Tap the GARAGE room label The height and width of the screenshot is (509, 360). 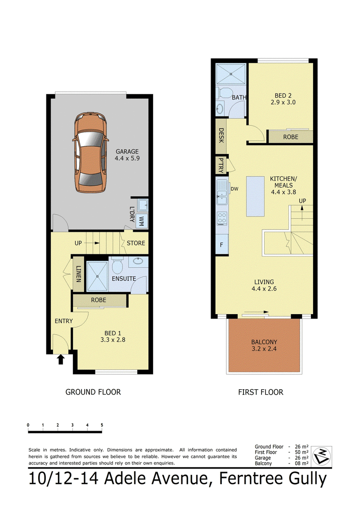click(x=127, y=152)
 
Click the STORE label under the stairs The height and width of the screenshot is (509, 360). click(x=136, y=243)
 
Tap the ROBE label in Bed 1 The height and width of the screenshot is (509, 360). click(x=99, y=300)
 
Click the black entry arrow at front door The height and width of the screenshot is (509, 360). click(x=61, y=359)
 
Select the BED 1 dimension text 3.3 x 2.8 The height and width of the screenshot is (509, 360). click(x=112, y=340)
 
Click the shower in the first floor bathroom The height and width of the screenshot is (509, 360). click(x=230, y=73)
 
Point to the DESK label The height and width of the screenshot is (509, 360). click(x=221, y=135)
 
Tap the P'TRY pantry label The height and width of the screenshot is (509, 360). click(x=221, y=166)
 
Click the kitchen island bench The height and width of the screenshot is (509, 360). click(x=255, y=196)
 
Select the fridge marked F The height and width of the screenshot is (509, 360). click(x=222, y=244)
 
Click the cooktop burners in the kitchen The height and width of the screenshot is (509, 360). click(x=222, y=218)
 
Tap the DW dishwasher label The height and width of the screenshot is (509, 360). click(x=234, y=189)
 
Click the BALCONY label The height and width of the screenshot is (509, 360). click(x=264, y=342)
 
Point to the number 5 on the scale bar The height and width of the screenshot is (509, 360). click(x=102, y=425)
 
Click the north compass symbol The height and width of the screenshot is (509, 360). click(x=321, y=455)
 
